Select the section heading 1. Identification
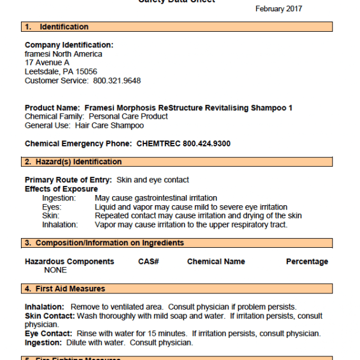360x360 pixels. [x=57, y=27]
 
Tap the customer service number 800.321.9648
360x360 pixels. [x=117, y=80]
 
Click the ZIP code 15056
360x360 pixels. [x=86, y=71]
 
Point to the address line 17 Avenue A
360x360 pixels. [x=47, y=62]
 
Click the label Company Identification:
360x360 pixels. [x=69, y=45]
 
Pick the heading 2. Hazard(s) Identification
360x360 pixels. [x=73, y=162]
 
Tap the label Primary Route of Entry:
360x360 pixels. [x=68, y=180]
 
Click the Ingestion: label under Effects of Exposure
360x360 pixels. [x=59, y=198]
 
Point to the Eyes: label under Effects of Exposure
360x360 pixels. [x=52, y=207]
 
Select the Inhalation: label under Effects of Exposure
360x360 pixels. [x=60, y=225]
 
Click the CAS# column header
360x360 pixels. [x=148, y=262]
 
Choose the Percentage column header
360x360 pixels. [x=307, y=262]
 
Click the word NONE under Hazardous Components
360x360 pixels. [x=56, y=271]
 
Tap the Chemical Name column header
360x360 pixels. [x=216, y=262]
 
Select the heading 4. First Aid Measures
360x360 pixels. [x=65, y=289]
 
